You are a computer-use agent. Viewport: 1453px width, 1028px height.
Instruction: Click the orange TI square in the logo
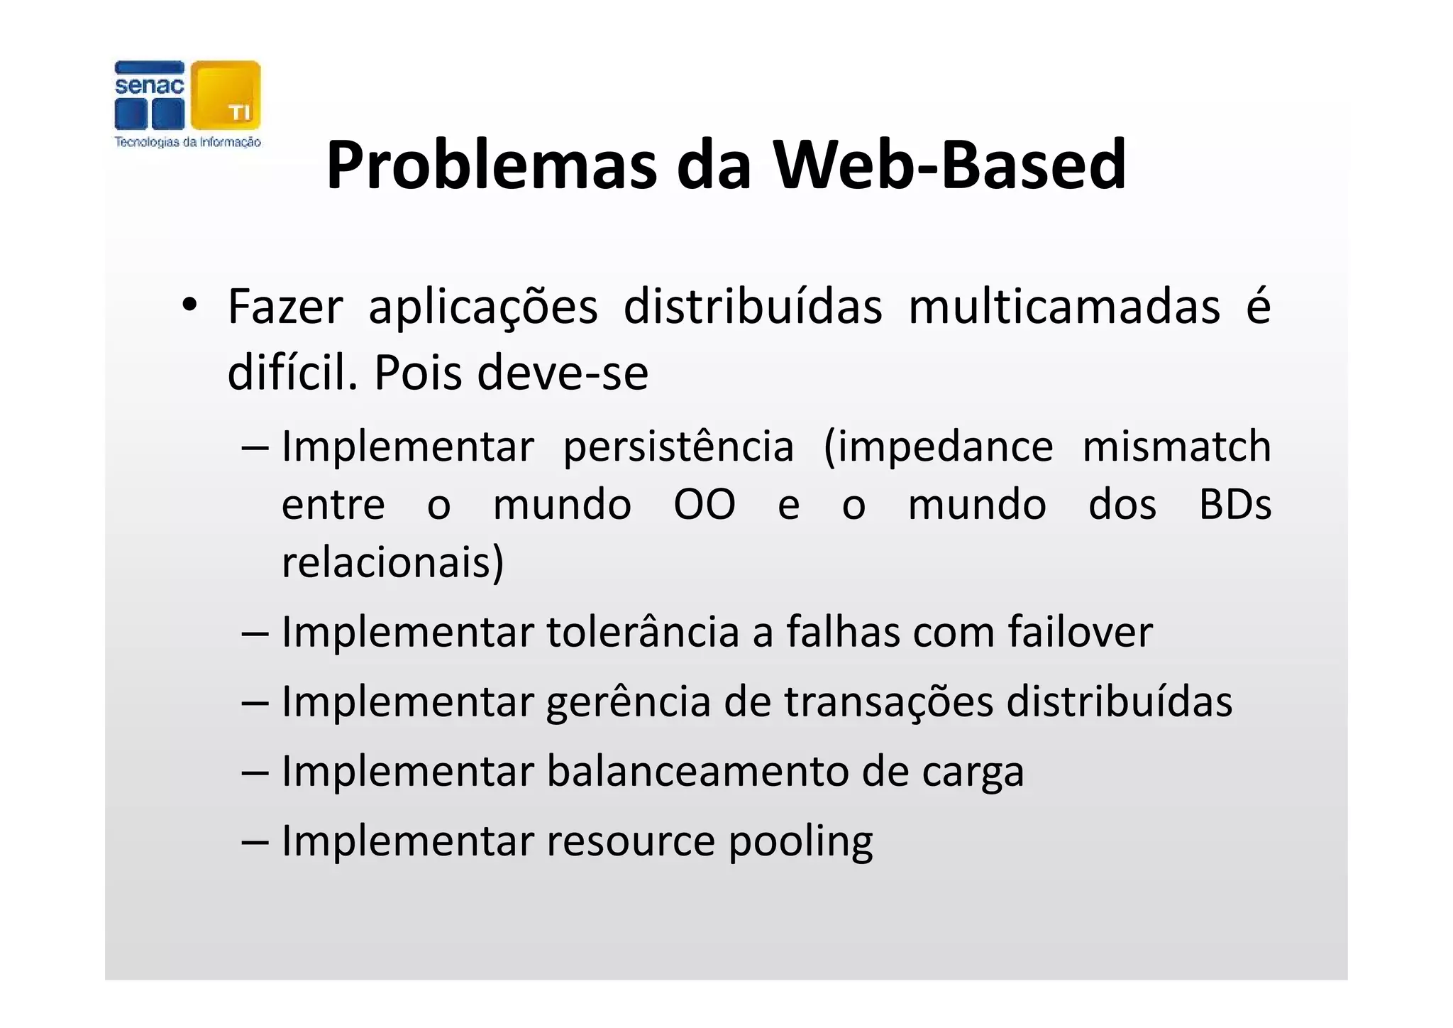[x=226, y=95]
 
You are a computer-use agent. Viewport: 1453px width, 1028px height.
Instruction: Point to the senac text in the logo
[x=149, y=86]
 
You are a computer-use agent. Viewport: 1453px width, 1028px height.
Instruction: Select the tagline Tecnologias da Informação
[x=188, y=142]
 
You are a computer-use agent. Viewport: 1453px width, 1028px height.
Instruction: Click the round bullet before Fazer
[x=189, y=307]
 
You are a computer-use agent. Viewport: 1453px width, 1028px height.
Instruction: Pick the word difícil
[x=292, y=373]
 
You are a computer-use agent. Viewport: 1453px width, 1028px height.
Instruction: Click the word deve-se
[x=563, y=373]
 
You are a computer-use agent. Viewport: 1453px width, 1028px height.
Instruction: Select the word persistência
[x=678, y=447]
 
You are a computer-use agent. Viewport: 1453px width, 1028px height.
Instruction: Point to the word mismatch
[x=1176, y=447]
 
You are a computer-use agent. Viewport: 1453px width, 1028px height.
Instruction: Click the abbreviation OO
[x=705, y=505]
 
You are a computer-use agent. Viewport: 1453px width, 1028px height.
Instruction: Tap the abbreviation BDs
[x=1234, y=505]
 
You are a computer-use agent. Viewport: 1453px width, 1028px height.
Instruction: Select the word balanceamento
[x=697, y=771]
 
